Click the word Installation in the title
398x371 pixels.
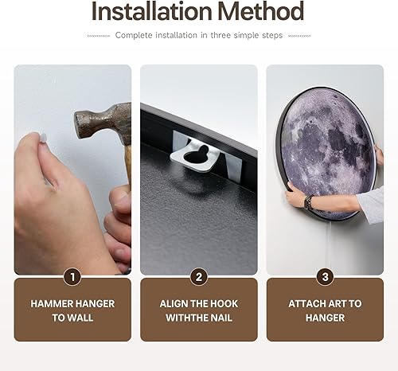click(150, 12)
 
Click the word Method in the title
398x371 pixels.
click(259, 12)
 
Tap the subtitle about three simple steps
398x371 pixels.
click(198, 35)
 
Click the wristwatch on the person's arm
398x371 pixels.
click(309, 202)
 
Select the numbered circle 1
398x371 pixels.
click(72, 277)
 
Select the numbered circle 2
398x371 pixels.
click(198, 277)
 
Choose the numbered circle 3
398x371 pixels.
click(324, 277)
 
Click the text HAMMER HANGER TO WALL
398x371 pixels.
click(72, 310)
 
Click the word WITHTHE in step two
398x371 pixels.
click(188, 318)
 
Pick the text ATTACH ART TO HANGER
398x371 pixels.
click(324, 310)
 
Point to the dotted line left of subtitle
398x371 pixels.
click(99, 36)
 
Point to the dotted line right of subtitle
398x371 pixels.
click(298, 36)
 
